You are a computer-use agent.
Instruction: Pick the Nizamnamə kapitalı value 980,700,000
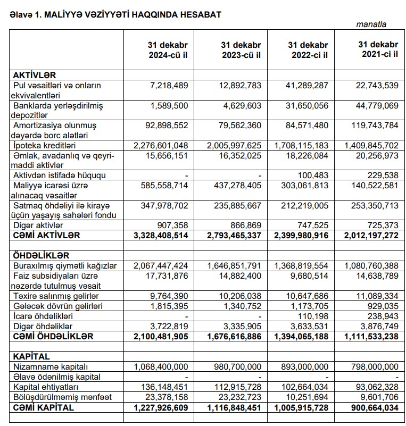click(236, 367)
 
